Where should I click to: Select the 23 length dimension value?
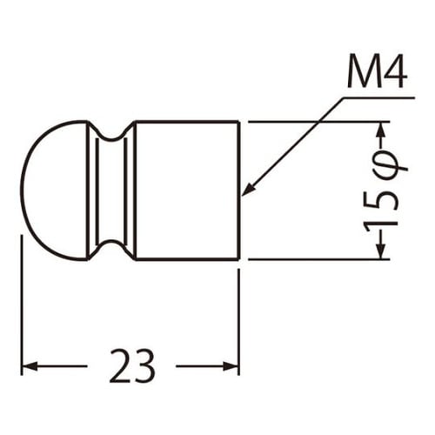[x=132, y=366]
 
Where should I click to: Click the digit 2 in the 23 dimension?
[x=119, y=366]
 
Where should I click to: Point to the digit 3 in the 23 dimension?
[x=144, y=366]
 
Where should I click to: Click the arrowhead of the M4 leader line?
[x=249, y=189]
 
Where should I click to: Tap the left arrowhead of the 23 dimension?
[x=30, y=366]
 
